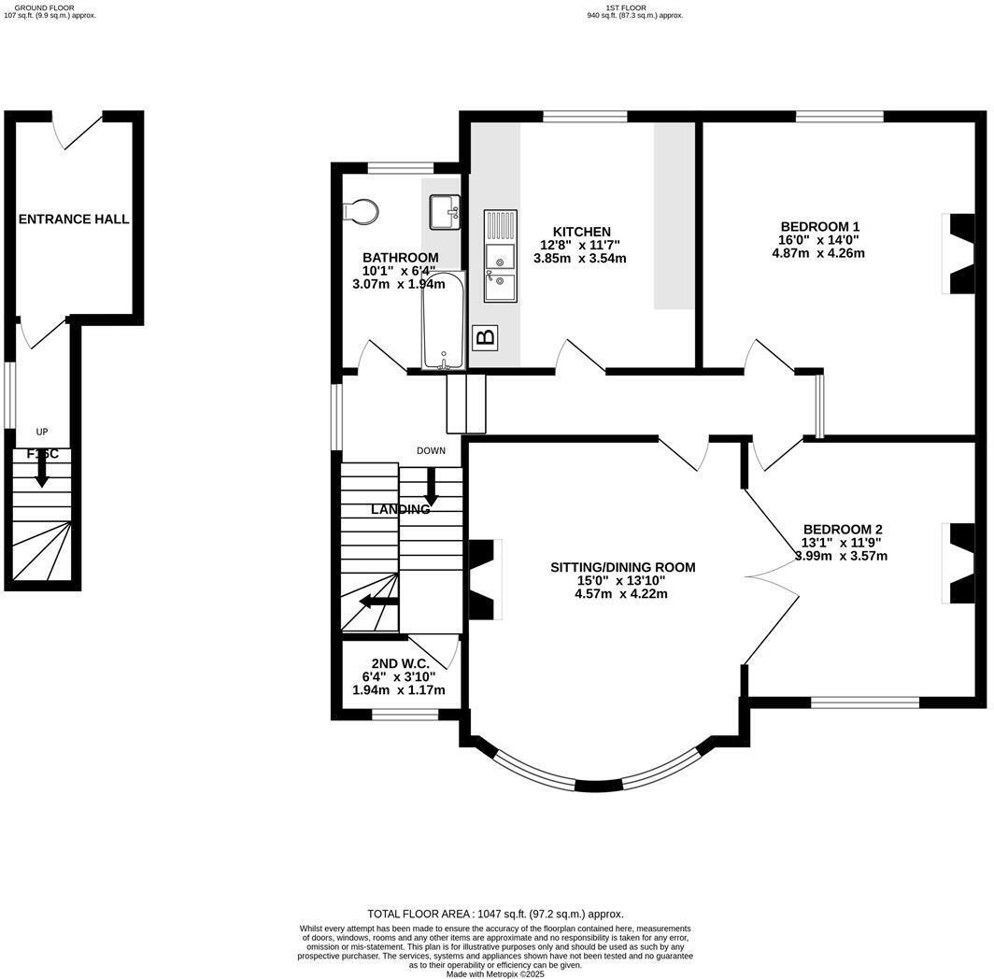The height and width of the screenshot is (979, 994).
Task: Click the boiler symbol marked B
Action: [485, 337]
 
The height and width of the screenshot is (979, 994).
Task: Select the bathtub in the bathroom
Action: [442, 320]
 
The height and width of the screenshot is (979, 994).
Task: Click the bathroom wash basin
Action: [445, 212]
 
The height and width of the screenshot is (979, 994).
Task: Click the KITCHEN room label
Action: [581, 232]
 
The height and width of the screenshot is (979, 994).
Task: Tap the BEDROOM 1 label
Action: [819, 226]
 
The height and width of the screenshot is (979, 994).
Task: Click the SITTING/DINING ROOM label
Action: [622, 567]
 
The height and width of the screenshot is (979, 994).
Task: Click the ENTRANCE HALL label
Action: [74, 219]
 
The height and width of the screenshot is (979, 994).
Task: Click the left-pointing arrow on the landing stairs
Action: [378, 601]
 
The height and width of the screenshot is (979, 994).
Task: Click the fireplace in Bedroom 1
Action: [960, 254]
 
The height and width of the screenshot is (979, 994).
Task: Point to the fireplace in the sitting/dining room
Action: [482, 579]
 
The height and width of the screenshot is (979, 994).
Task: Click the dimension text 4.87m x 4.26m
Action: [818, 252]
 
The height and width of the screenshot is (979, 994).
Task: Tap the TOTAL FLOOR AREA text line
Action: [495, 914]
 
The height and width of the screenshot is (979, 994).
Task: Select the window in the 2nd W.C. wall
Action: [405, 715]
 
